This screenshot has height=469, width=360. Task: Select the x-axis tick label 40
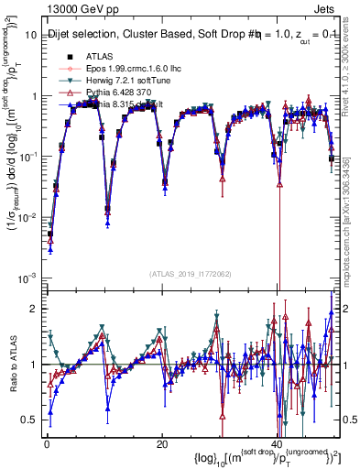(x=278, y=443)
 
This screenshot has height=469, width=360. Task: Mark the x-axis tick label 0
(x=46, y=443)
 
